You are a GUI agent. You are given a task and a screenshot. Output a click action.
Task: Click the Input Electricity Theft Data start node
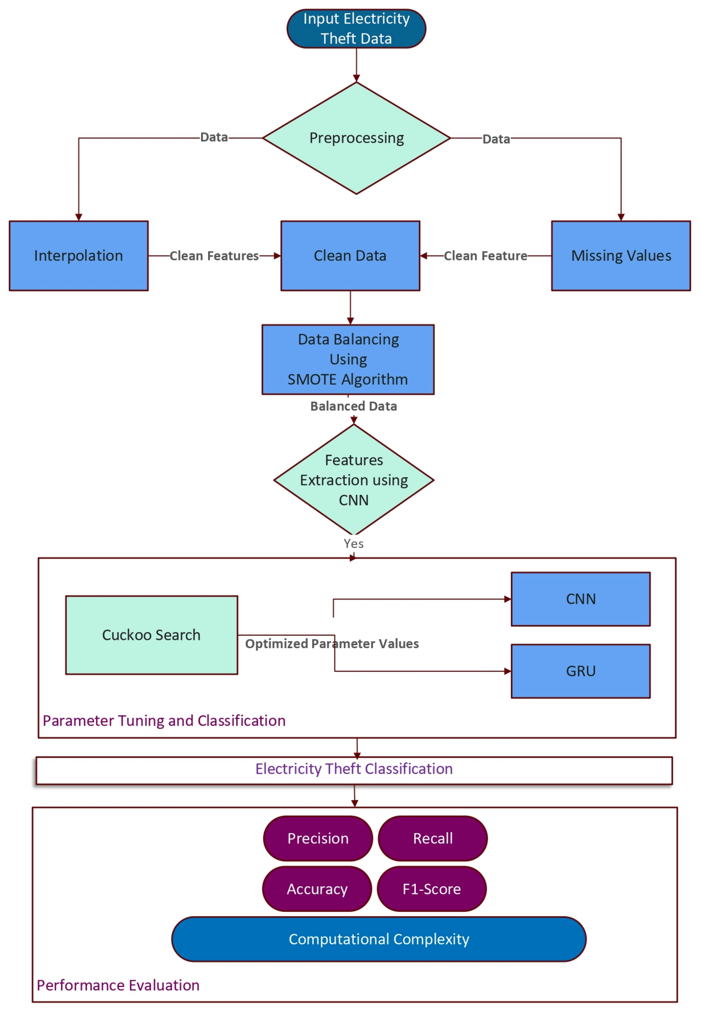tap(356, 29)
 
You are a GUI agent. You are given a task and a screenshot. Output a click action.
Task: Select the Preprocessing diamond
tap(356, 138)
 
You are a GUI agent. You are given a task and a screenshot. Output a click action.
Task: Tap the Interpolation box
tap(79, 256)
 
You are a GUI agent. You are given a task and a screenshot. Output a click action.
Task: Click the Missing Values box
tap(621, 256)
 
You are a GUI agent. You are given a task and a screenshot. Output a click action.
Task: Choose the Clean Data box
tap(350, 256)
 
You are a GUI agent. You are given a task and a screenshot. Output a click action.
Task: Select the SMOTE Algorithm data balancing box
tap(348, 359)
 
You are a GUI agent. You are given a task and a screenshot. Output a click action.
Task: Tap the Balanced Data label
tap(354, 406)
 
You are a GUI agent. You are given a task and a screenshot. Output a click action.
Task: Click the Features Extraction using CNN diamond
tap(354, 480)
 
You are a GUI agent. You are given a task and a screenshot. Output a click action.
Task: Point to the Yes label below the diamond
tap(354, 544)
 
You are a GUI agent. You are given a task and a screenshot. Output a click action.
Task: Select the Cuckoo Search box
tap(152, 635)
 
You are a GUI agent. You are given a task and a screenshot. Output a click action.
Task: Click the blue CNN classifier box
tap(580, 599)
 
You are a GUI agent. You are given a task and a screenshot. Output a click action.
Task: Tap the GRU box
tap(580, 671)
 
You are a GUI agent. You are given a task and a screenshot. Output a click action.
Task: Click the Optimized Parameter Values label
tap(332, 644)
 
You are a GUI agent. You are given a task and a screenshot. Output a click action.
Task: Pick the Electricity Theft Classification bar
tap(354, 769)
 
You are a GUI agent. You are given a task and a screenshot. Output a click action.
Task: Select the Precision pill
tap(318, 838)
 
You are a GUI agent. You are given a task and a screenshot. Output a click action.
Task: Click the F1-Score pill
tap(431, 889)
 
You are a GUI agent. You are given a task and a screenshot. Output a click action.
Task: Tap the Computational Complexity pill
tap(379, 939)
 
